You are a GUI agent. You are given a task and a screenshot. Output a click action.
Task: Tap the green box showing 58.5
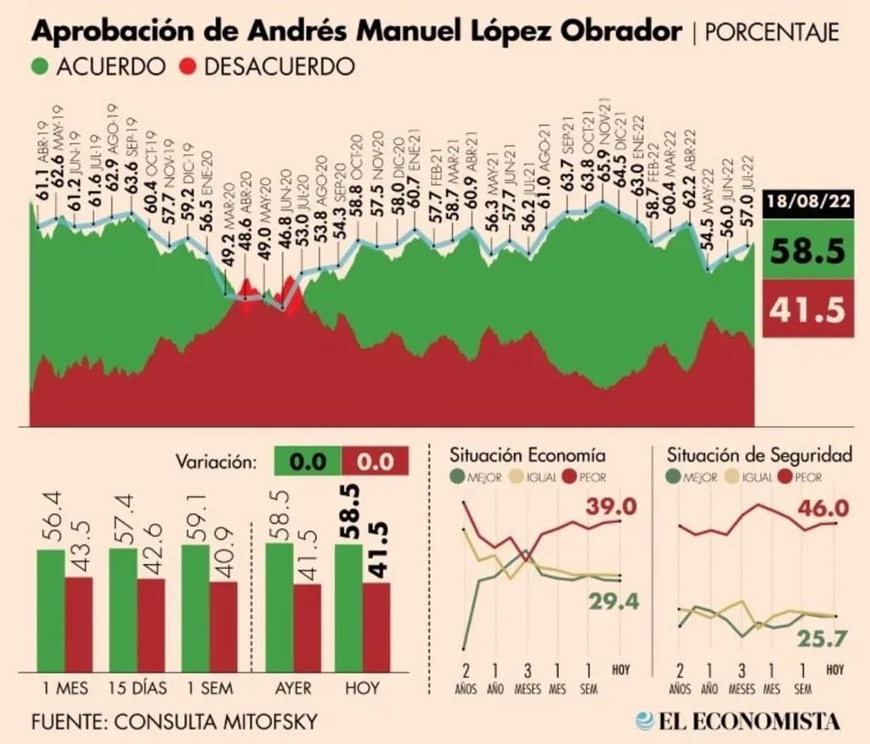[x=806, y=252]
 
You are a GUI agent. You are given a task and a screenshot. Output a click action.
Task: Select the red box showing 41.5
[x=806, y=310]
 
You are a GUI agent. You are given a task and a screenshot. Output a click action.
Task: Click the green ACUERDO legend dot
[x=40, y=66]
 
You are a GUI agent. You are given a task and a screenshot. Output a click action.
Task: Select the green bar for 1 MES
[x=50, y=612]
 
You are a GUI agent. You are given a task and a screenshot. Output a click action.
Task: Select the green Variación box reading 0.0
[x=308, y=462]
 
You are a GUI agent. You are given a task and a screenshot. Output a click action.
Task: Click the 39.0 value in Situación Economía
[x=611, y=507]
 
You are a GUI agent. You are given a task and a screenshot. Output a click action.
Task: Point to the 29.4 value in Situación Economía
[x=612, y=602]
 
